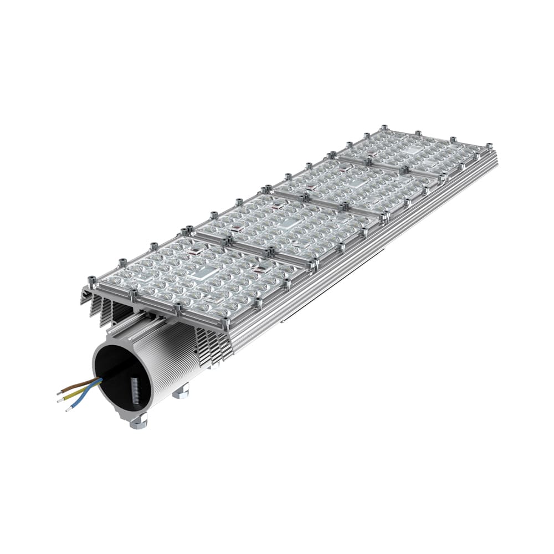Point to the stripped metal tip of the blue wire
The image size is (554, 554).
point(68,409)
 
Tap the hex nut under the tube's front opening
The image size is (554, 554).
point(138,422)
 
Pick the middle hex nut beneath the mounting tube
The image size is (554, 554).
point(181,392)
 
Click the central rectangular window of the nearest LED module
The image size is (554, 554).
point(201,272)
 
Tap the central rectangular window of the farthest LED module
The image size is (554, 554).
point(413,151)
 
